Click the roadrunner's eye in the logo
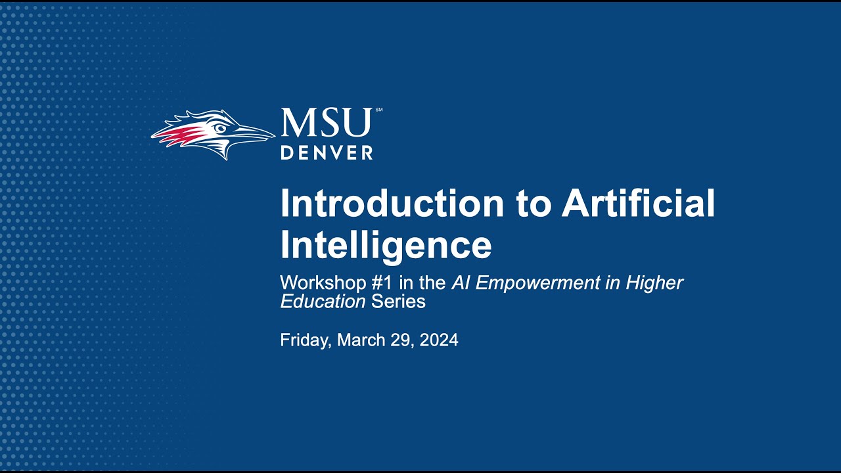[x=220, y=128]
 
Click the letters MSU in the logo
[x=327, y=122]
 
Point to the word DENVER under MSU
[x=327, y=153]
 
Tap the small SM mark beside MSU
[x=378, y=110]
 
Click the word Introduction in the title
[x=392, y=203]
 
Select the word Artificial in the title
[x=638, y=203]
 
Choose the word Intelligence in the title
[x=386, y=245]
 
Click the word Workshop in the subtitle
[x=323, y=282]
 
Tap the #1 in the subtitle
[x=382, y=282]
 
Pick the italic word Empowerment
[x=537, y=283]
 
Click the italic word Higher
[x=654, y=283]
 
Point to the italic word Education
[x=323, y=302]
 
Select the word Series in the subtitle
[x=398, y=302]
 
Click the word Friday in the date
[x=306, y=340]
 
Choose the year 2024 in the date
[x=439, y=340]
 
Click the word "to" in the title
[x=532, y=205]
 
